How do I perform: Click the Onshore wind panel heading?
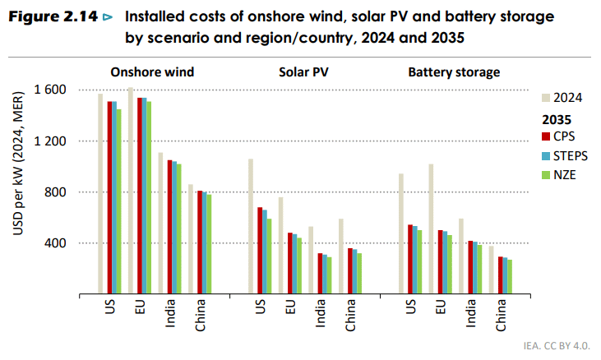(x=153, y=72)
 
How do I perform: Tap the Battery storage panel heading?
(x=454, y=72)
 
